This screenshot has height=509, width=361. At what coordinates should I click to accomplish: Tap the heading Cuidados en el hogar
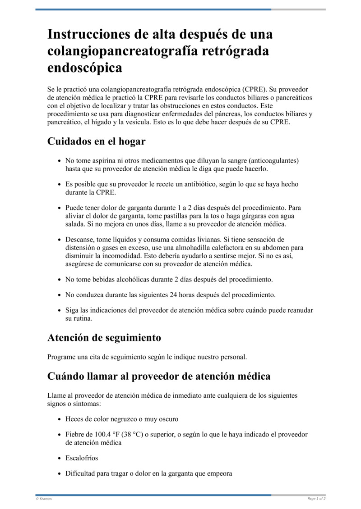point(96,141)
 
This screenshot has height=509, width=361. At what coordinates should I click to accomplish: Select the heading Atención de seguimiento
point(104,337)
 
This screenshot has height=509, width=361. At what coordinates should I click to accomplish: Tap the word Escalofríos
point(82,458)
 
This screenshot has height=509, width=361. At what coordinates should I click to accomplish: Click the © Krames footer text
point(44,499)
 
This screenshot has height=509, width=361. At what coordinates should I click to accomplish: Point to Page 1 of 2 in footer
point(316,499)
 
